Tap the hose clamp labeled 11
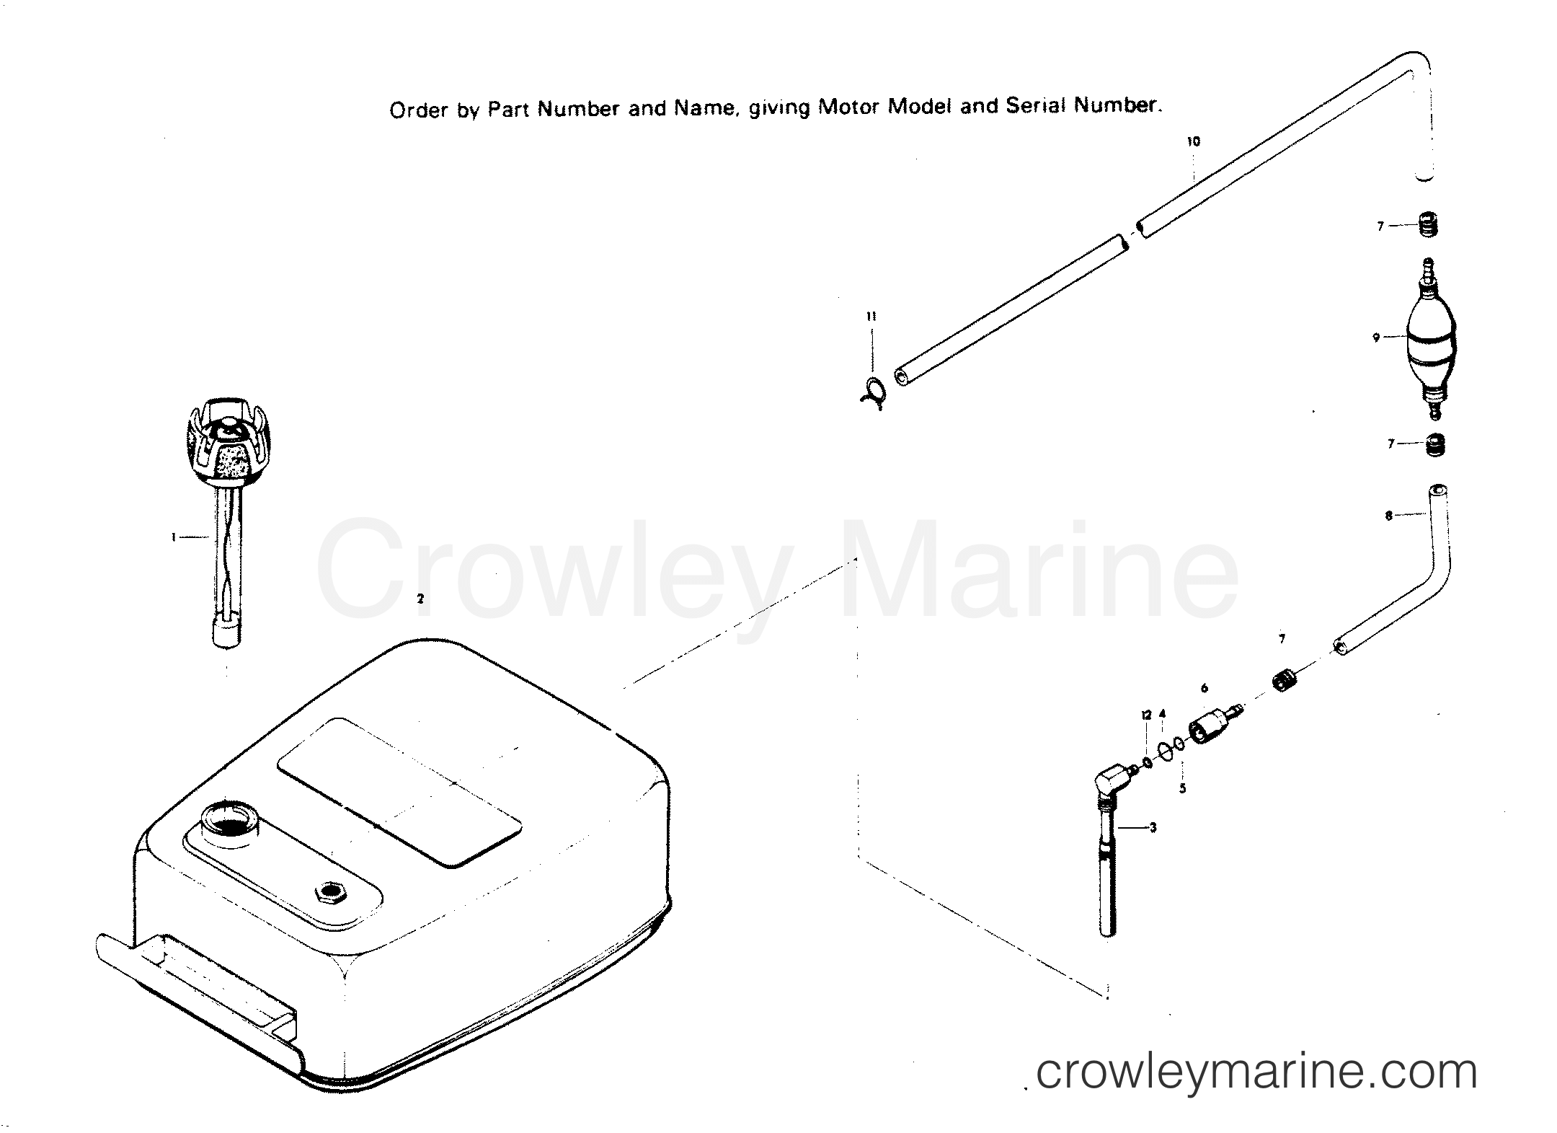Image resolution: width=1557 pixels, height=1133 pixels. click(x=874, y=393)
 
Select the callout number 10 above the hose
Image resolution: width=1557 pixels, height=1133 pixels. click(x=1194, y=142)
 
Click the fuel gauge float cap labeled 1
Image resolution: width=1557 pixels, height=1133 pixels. click(x=221, y=440)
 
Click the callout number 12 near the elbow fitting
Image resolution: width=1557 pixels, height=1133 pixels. click(x=1146, y=715)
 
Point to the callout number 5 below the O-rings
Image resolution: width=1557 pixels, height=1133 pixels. click(x=1182, y=789)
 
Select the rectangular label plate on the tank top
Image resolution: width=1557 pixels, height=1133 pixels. click(x=399, y=789)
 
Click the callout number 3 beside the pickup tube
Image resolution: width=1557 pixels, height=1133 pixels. click(x=1153, y=828)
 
